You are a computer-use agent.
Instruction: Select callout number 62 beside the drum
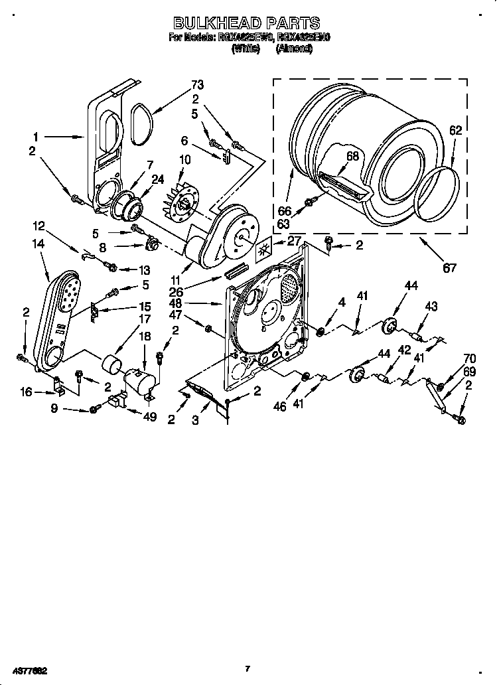coord(455,131)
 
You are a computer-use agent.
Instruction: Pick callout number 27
coord(295,242)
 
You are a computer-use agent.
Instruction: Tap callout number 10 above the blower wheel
coord(184,159)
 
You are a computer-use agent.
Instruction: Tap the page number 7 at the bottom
coord(247,669)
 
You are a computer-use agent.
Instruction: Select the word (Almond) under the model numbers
coord(294,49)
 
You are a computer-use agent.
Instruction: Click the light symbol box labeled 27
coord(265,249)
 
